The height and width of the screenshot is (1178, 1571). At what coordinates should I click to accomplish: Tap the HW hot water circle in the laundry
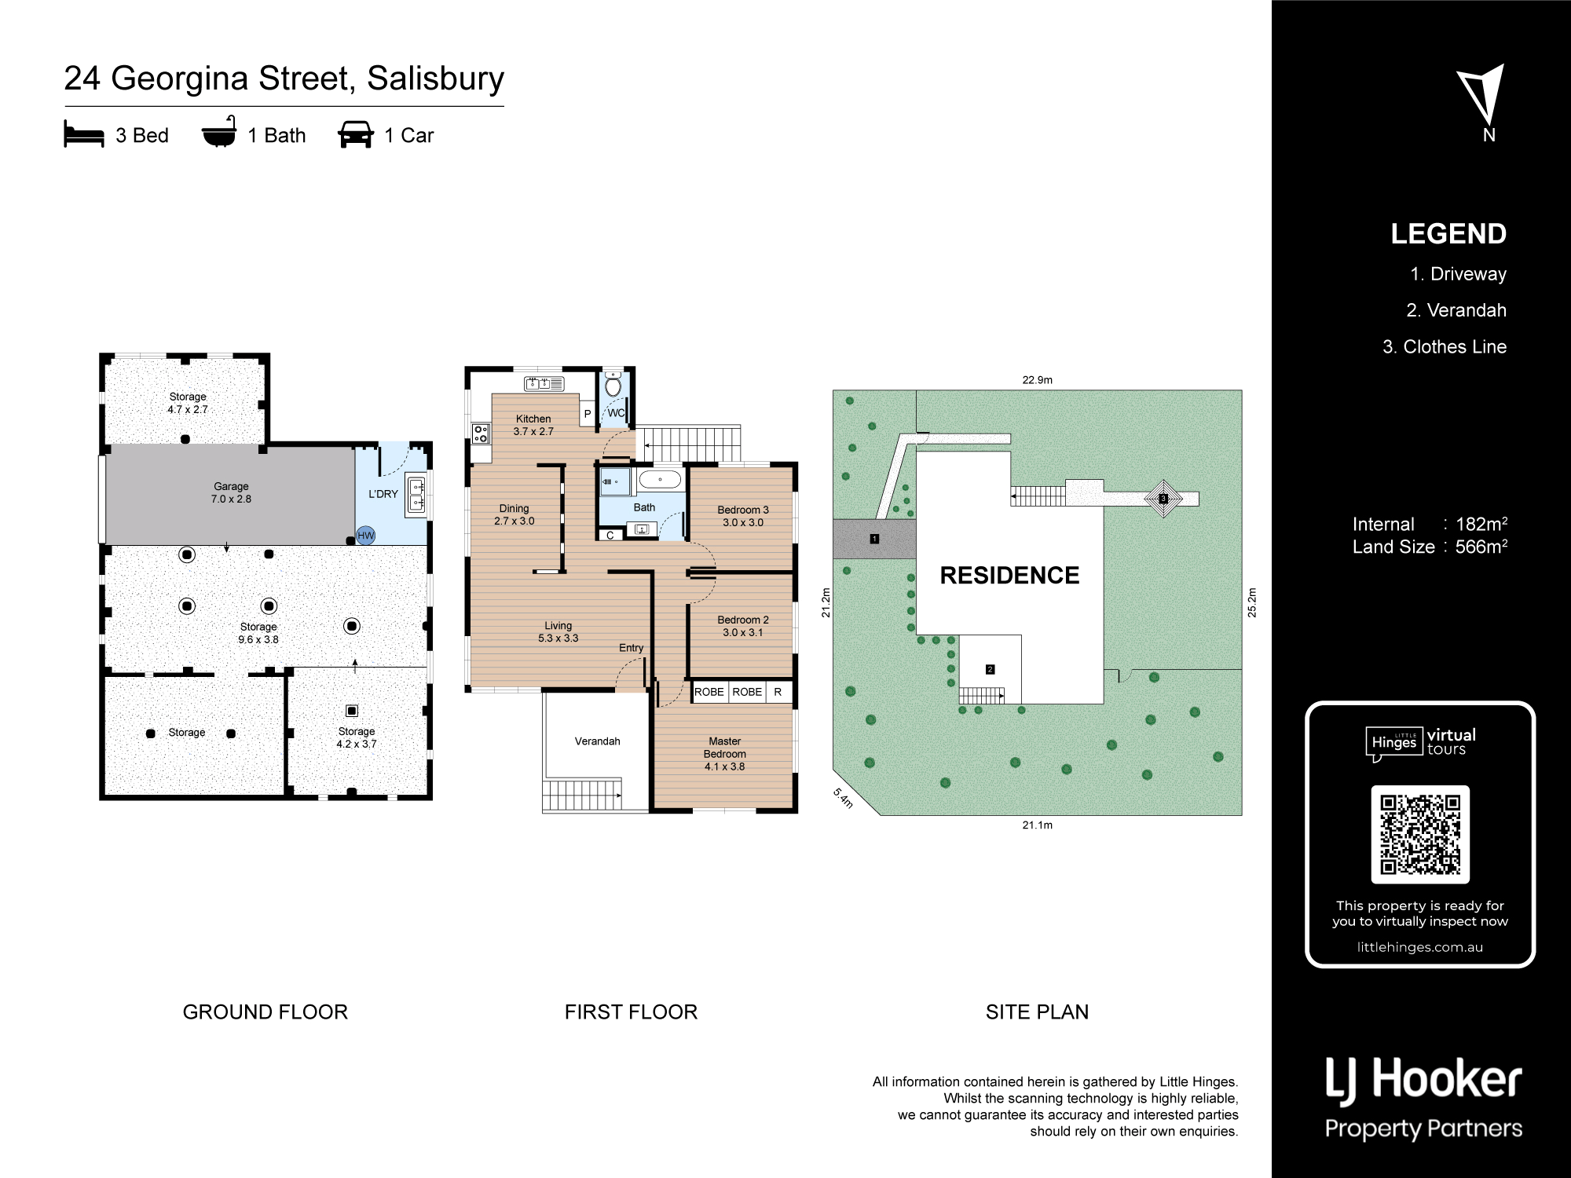click(x=366, y=536)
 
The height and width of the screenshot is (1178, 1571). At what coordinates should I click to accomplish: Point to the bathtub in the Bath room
click(x=660, y=479)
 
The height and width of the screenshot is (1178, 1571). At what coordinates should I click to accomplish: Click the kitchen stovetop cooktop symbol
click(x=481, y=434)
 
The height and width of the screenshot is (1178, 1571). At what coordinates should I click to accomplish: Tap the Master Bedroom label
click(x=725, y=754)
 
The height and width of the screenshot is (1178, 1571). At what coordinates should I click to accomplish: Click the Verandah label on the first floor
click(x=598, y=741)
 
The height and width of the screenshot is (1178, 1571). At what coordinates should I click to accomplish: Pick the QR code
click(x=1420, y=834)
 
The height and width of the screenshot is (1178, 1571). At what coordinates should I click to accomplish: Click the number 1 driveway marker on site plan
click(x=874, y=539)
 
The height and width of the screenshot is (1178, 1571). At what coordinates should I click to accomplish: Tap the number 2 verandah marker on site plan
click(x=990, y=669)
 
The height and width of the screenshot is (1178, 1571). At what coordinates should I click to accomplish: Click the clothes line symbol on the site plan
click(x=1163, y=499)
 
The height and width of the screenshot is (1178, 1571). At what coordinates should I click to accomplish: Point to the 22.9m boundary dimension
click(x=1038, y=380)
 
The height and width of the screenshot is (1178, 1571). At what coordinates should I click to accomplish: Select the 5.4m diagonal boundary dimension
click(x=843, y=798)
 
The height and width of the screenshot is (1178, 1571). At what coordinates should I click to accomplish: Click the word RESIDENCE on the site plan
click(x=1009, y=576)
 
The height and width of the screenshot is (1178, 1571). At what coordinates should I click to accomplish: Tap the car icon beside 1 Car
click(x=356, y=134)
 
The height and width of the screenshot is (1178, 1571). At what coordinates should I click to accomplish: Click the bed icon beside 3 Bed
click(x=84, y=134)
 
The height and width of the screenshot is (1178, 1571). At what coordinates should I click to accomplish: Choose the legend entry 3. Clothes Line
click(x=1445, y=347)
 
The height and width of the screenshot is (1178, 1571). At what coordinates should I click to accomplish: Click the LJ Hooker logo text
click(x=1423, y=1080)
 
